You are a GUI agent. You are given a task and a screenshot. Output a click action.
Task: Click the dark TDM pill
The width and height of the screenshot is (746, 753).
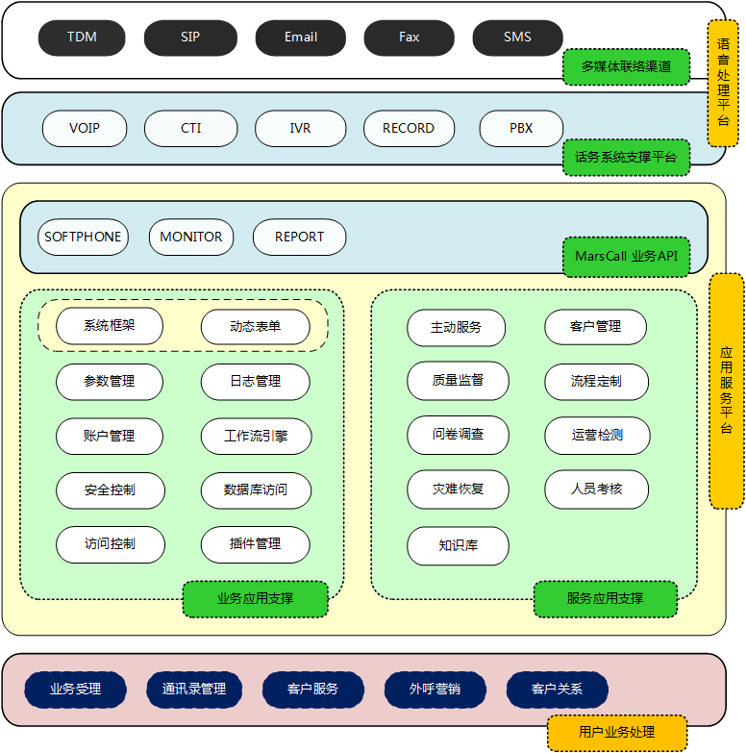click(83, 38)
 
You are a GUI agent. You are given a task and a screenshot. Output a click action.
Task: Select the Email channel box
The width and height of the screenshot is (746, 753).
click(300, 38)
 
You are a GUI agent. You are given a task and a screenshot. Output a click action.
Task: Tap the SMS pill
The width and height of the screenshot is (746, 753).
click(517, 38)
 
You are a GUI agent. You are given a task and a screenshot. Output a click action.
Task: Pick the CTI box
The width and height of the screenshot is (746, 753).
click(190, 128)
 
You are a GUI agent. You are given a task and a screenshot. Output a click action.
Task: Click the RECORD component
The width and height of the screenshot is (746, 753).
click(409, 128)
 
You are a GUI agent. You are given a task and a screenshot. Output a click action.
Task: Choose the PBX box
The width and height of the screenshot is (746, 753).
click(521, 128)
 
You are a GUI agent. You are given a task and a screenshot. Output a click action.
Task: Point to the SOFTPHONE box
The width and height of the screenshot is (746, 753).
click(84, 237)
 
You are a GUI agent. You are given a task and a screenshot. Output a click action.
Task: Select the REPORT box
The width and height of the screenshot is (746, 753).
click(299, 237)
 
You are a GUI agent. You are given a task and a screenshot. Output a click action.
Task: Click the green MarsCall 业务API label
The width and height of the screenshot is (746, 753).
click(626, 256)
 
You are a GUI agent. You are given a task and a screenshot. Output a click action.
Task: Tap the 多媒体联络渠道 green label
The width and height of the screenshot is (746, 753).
click(626, 67)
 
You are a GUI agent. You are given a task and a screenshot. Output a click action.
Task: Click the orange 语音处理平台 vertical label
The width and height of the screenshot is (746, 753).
click(723, 83)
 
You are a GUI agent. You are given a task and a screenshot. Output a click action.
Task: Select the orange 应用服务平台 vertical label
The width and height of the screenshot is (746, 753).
click(727, 390)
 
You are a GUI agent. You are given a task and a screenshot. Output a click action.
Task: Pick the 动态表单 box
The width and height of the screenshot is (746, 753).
click(255, 326)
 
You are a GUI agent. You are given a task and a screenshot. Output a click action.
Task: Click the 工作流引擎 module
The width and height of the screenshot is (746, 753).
click(255, 436)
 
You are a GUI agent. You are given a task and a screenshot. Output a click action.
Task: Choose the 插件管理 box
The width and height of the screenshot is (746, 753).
click(255, 543)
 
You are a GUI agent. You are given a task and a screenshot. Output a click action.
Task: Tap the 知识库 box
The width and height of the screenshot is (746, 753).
click(458, 545)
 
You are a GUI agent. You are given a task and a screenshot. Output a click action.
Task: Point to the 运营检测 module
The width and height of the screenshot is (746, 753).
click(596, 435)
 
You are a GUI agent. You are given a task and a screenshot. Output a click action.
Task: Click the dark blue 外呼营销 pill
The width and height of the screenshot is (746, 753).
click(435, 689)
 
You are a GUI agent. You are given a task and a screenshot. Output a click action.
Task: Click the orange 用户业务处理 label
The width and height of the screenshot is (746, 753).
click(616, 733)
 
